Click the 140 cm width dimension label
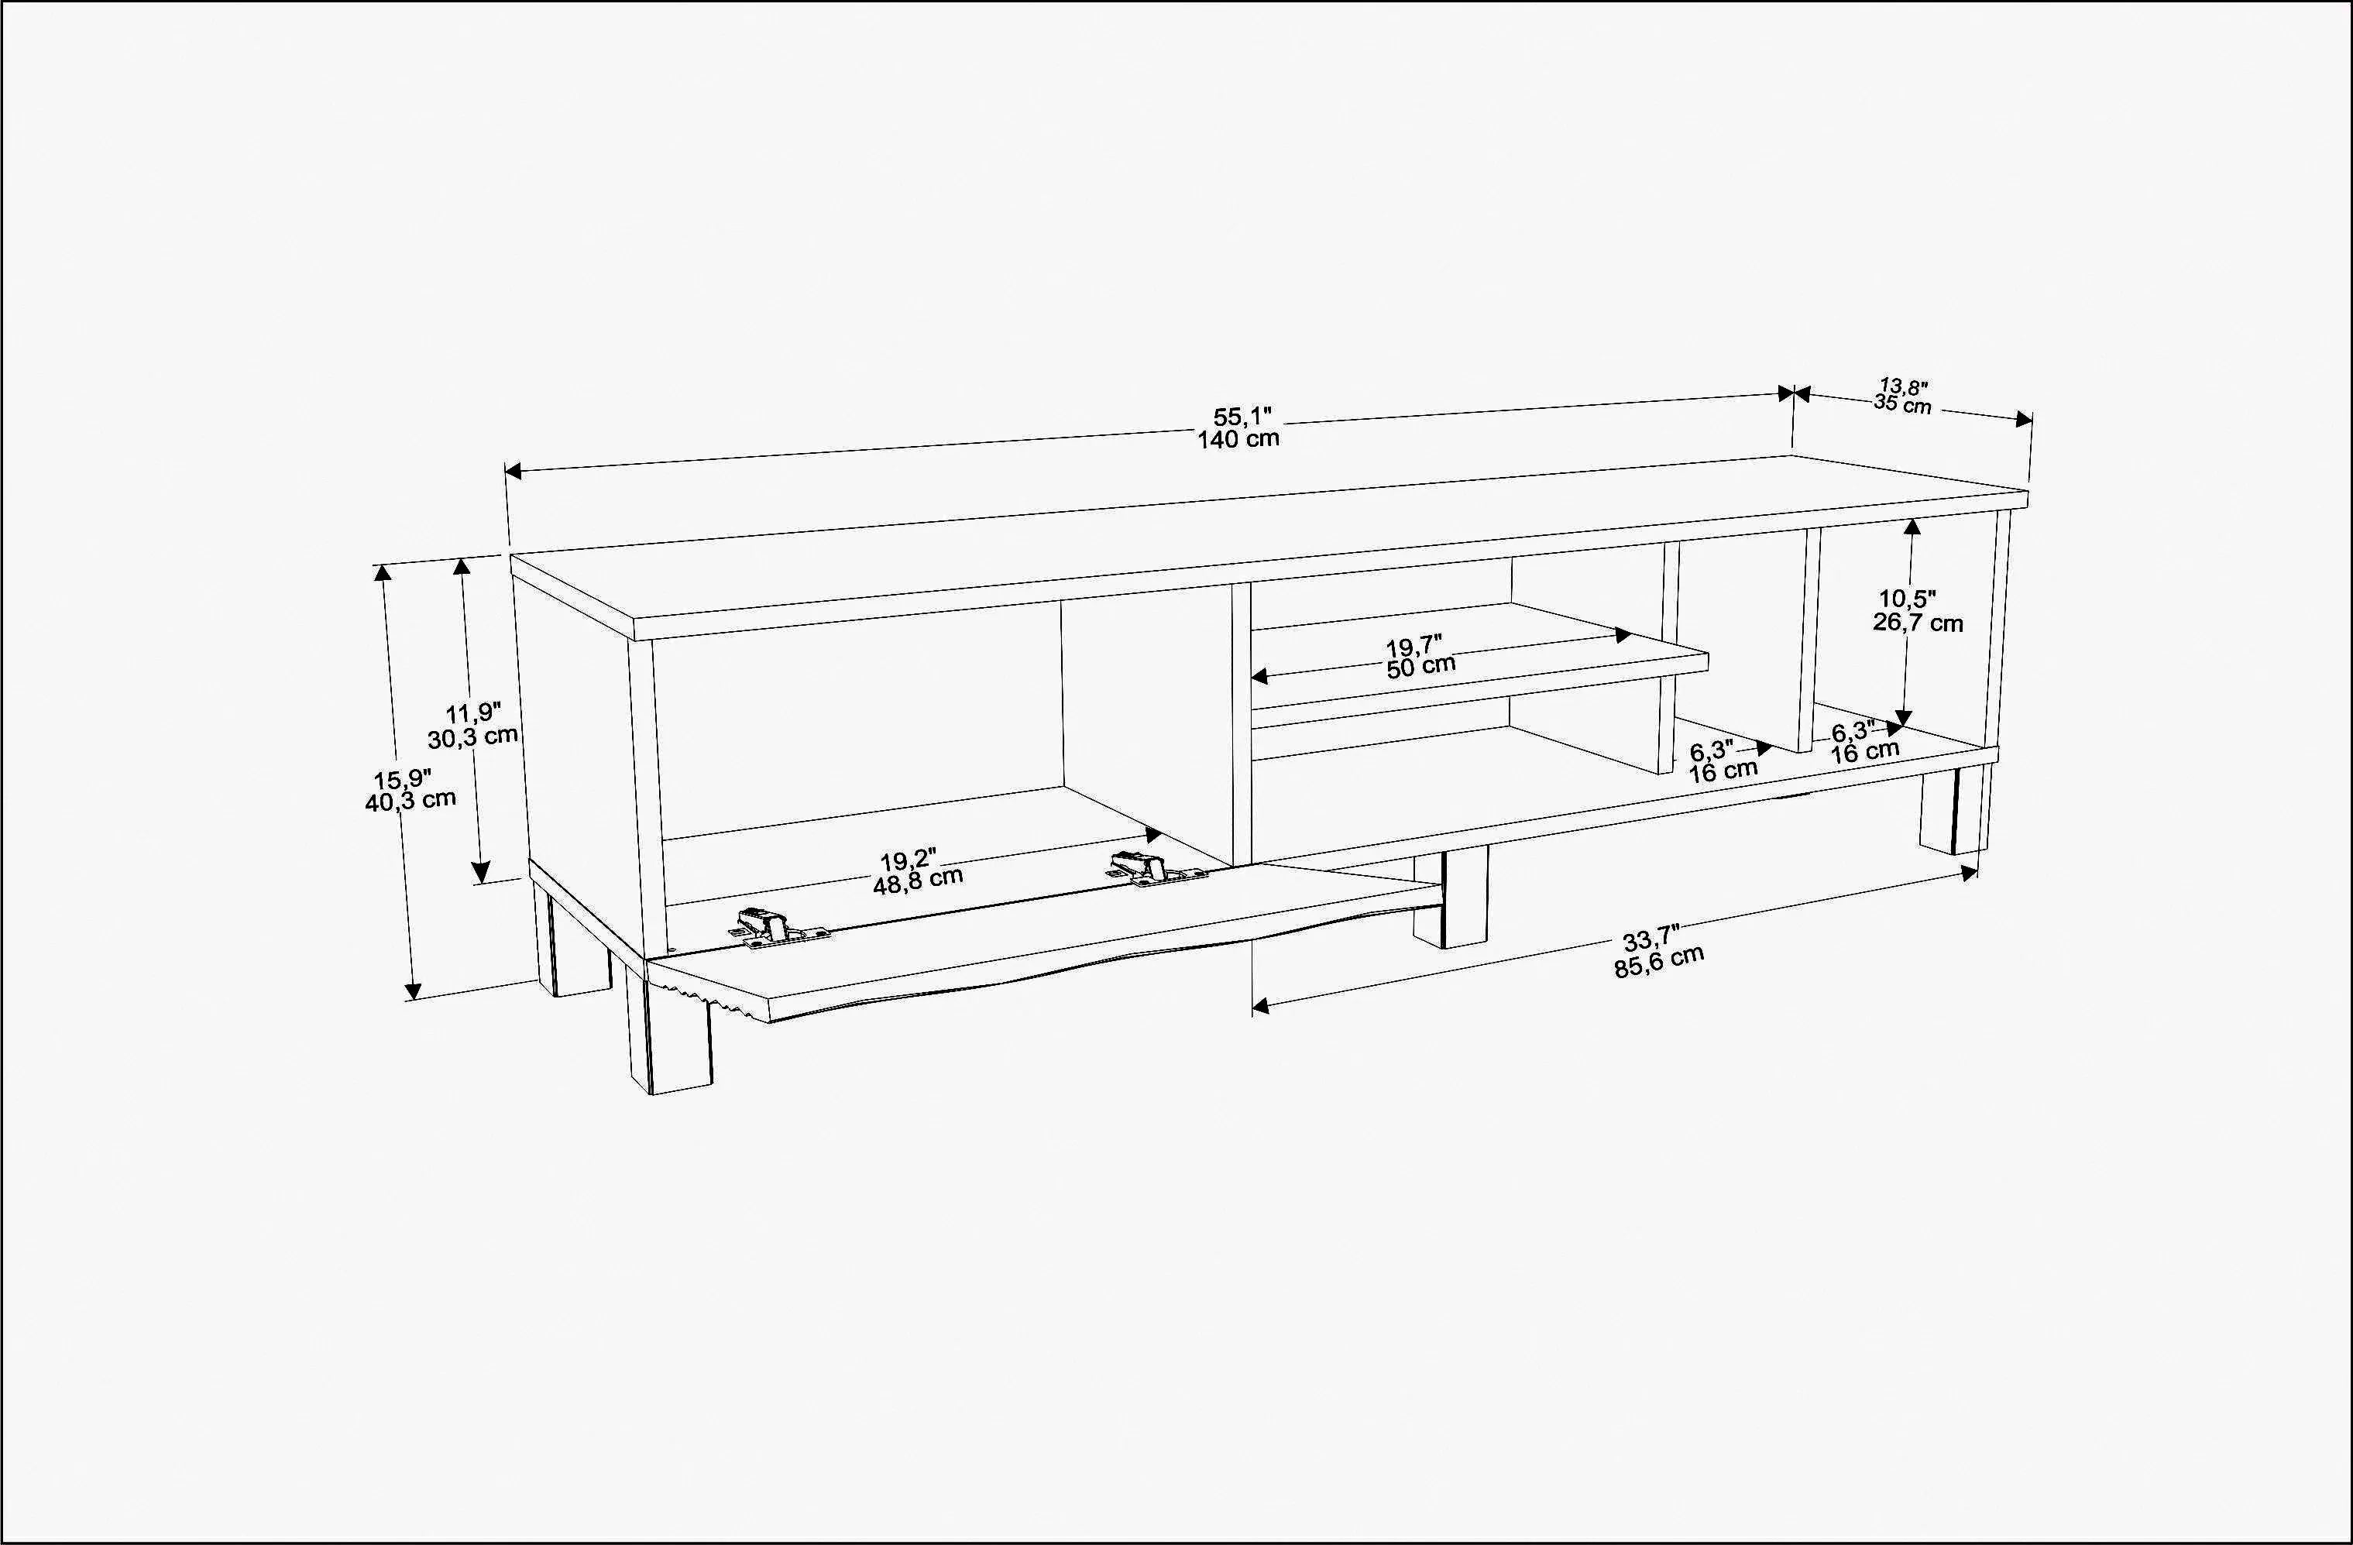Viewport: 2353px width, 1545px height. [x=1238, y=440]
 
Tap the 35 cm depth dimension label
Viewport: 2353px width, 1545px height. [x=1902, y=404]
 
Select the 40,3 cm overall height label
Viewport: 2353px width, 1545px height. [x=410, y=801]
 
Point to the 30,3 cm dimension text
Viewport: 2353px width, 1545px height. [x=472, y=736]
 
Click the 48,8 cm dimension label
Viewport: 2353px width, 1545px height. [x=918, y=880]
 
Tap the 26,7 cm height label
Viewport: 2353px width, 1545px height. [x=1917, y=623]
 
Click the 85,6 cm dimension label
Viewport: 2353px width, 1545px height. [x=1659, y=962]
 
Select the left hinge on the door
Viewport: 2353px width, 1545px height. [x=771, y=927]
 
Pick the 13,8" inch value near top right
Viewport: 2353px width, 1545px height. [x=1904, y=386]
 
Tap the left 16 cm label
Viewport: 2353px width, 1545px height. [x=1723, y=770]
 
